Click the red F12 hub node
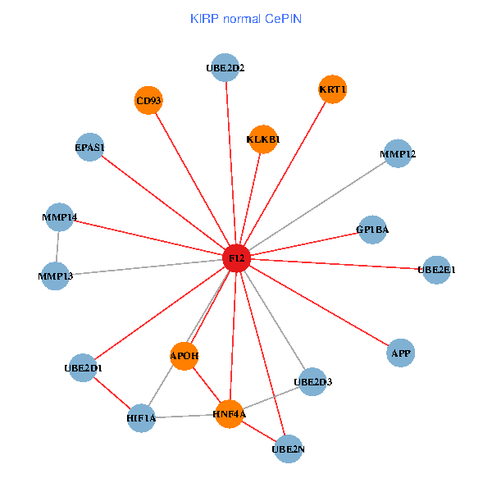237,258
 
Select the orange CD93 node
148,101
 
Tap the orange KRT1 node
333,89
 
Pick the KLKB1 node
262,139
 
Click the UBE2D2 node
225,68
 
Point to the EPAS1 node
89,148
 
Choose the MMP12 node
398,154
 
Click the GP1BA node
373,230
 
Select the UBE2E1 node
436,269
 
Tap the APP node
401,353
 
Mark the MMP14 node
59,217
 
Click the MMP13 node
55,276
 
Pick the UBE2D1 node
83,368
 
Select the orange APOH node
184,356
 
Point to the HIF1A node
141,419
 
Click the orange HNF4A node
229,415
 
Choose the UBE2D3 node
312,381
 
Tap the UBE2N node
288,449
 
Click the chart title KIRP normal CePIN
245,18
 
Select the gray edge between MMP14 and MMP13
57,247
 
